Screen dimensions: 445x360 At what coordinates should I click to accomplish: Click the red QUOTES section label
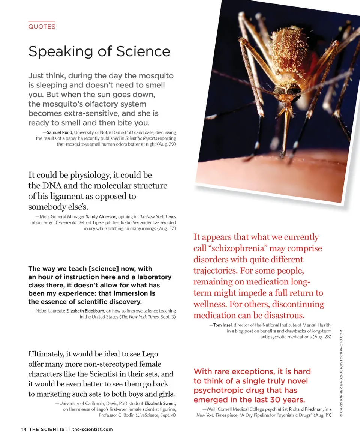(x=42, y=27)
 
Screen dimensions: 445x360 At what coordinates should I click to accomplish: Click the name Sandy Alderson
(x=101, y=217)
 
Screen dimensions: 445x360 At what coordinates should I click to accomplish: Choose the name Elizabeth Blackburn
(x=85, y=311)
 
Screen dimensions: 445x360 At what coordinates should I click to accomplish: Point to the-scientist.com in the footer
(x=92, y=429)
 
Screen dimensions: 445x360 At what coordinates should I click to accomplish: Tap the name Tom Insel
(x=223, y=325)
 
